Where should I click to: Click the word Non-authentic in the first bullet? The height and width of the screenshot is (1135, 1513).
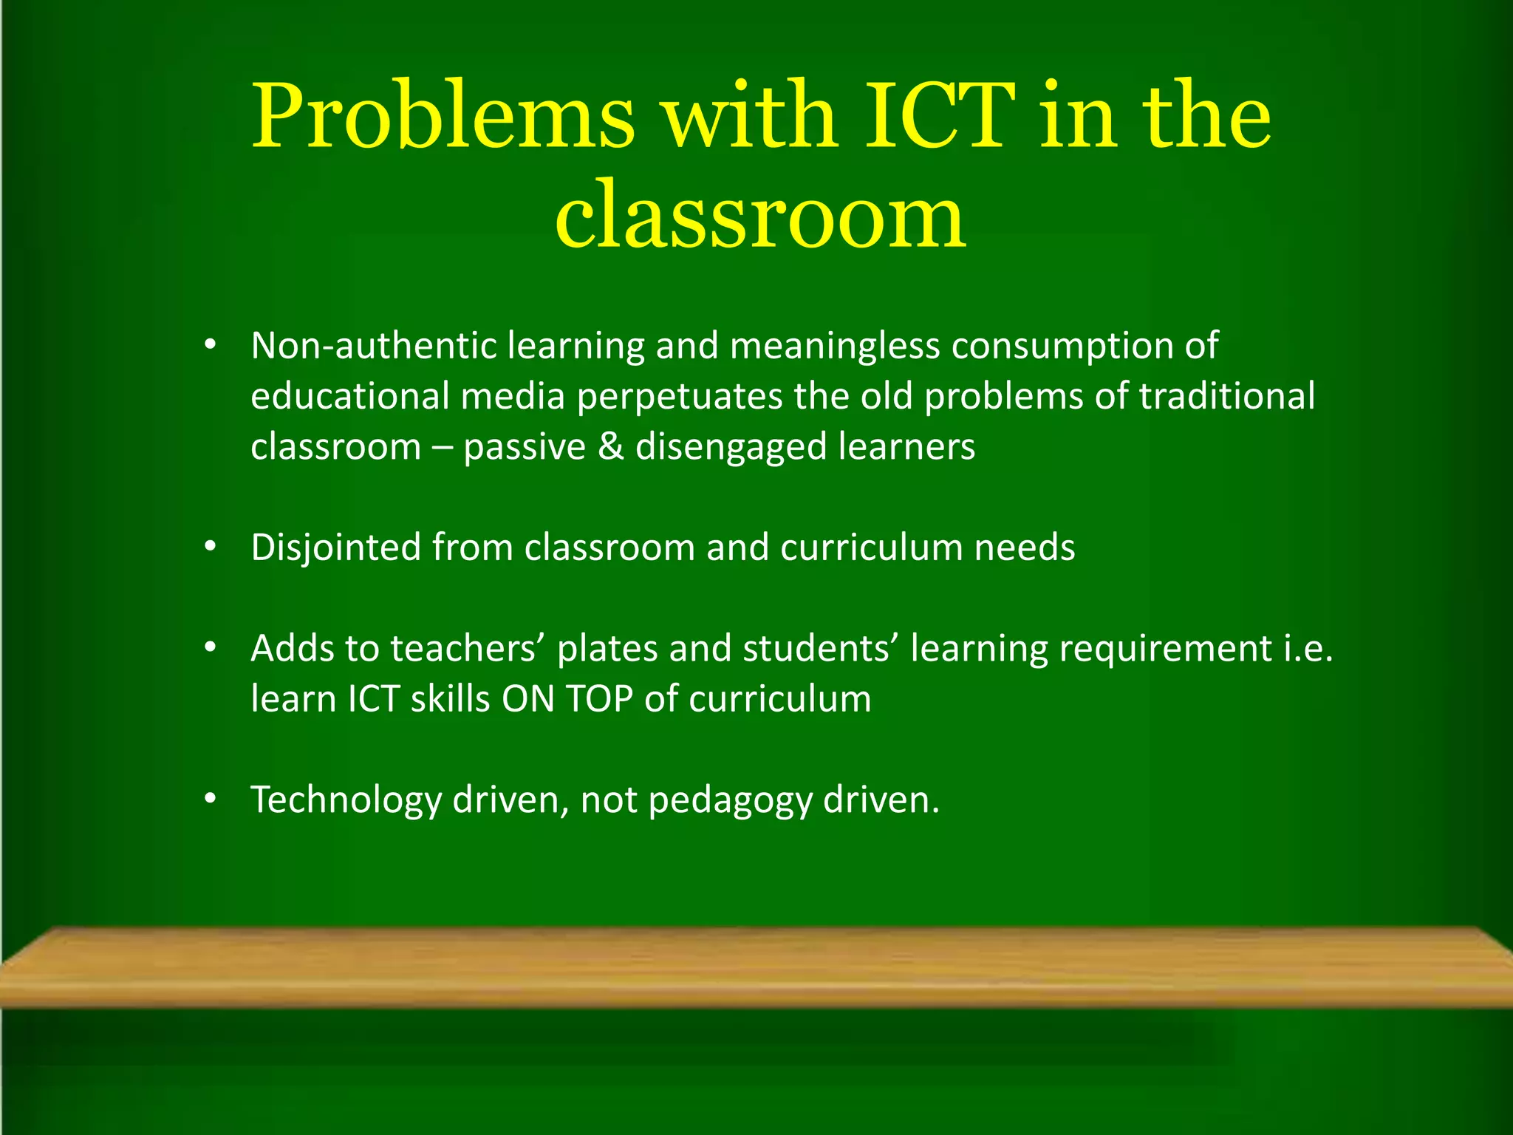tap(373, 346)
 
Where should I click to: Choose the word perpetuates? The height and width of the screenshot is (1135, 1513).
tap(679, 397)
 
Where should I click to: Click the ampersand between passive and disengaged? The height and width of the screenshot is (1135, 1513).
tap(611, 447)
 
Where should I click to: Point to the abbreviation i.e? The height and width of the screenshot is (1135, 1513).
tap(1308, 649)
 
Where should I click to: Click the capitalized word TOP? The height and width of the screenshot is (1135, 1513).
tap(599, 699)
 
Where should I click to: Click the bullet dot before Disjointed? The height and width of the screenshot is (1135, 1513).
tap(211, 548)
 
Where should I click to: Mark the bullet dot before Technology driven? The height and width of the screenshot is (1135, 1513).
tap(211, 799)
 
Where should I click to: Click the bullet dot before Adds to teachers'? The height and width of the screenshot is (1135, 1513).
tap(211, 648)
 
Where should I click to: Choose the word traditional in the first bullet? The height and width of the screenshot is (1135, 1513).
tap(1227, 397)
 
